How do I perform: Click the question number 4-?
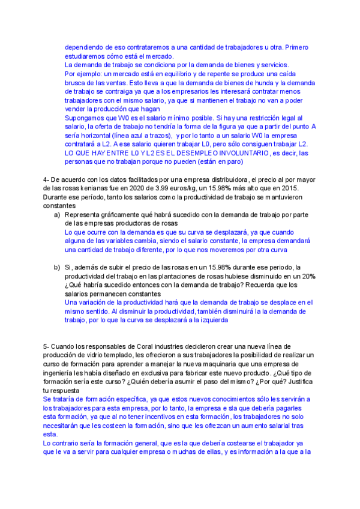pos(46,181)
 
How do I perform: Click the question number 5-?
pos(46,346)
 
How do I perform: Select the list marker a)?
pos(57,214)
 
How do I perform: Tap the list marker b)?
pos(57,267)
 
